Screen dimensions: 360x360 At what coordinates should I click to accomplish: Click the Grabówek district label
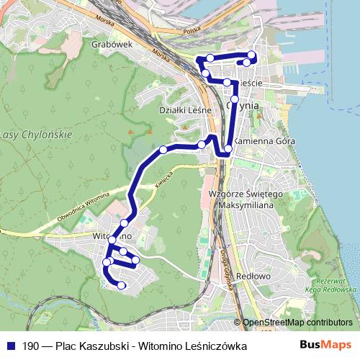[110, 44]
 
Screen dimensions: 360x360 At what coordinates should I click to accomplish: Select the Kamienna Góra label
[264, 141]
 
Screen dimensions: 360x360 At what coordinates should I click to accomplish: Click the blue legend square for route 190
[11, 346]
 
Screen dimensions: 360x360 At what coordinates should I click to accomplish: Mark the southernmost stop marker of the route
[122, 286]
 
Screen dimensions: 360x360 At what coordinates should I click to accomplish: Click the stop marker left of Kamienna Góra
[228, 150]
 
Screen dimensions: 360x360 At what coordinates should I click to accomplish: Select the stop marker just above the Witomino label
[125, 223]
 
